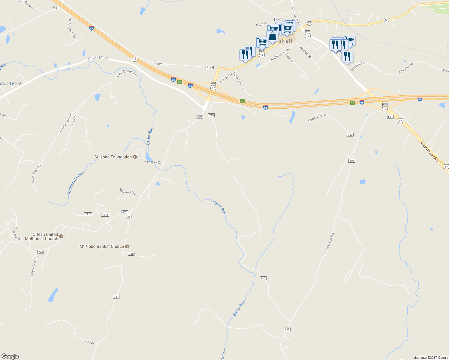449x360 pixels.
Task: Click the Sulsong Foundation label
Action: (x=113, y=157)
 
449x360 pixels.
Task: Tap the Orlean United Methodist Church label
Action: (x=42, y=236)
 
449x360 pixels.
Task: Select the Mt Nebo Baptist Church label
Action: (x=102, y=246)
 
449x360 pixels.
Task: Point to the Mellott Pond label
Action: (x=11, y=83)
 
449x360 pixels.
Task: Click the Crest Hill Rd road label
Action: (x=98, y=58)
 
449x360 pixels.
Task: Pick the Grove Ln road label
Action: (x=160, y=64)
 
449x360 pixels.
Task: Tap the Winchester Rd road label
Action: (x=429, y=151)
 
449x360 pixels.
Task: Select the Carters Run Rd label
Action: (x=328, y=244)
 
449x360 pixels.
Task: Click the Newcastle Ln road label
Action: (x=317, y=118)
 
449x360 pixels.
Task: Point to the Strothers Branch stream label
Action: (x=76, y=183)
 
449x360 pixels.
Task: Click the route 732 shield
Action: (x=55, y=8)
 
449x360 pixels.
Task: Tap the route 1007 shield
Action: (x=279, y=19)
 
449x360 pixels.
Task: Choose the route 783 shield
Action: (x=350, y=135)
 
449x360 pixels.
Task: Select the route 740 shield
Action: (x=131, y=254)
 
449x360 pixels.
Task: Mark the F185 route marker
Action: (x=209, y=67)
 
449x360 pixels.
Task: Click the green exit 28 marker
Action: (x=353, y=103)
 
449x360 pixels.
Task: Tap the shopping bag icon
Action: (x=273, y=36)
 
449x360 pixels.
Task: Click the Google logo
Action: (x=10, y=356)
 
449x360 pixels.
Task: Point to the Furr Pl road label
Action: (x=89, y=342)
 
